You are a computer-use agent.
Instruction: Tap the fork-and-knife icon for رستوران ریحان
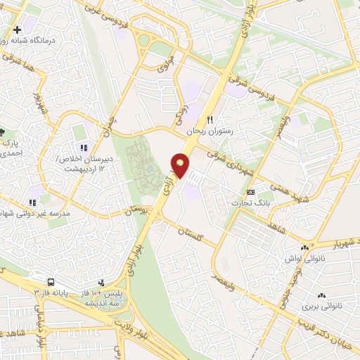209,120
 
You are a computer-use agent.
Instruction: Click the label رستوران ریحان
209,131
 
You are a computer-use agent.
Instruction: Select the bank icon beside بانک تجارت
251,193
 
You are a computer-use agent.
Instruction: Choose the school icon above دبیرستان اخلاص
83,148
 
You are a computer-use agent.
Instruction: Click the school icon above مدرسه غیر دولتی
32,202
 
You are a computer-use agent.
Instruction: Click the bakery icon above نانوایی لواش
305,247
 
